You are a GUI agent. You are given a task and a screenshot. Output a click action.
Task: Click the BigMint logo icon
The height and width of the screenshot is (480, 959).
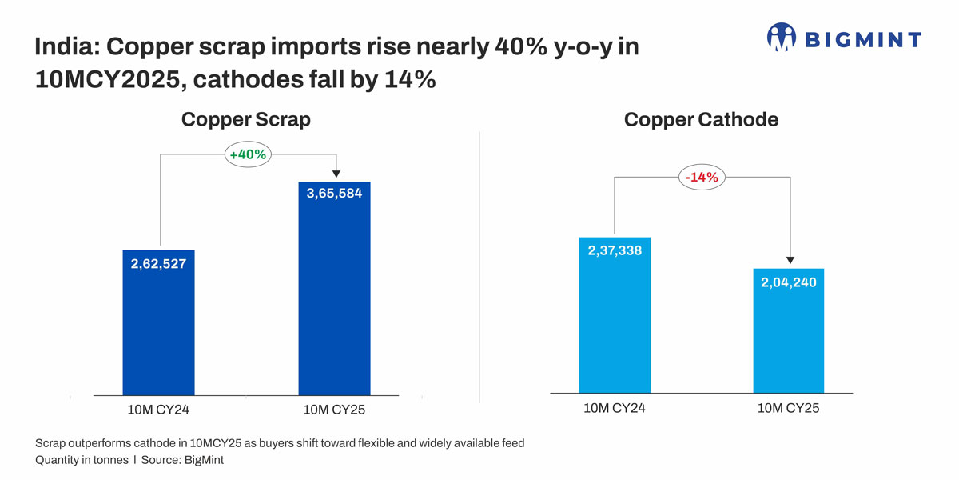point(782,37)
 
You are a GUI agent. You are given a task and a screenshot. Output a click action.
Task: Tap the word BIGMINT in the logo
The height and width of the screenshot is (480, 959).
point(862,39)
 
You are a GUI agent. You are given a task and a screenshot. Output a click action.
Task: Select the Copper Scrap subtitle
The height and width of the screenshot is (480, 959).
point(245,119)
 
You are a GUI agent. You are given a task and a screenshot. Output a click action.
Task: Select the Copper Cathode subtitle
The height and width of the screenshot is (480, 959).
point(701,119)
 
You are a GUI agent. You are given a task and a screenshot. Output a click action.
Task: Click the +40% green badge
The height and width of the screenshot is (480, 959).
point(248,155)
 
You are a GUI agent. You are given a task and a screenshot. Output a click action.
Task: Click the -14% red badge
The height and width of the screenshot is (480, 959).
point(702,178)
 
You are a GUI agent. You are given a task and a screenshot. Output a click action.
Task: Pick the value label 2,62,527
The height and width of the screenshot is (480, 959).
point(158,263)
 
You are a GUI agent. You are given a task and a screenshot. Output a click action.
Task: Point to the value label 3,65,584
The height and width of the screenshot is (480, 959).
point(334,193)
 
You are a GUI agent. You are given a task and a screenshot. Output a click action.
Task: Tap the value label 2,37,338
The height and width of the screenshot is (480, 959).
point(615,250)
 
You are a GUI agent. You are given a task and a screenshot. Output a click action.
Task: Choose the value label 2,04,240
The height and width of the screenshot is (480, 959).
point(789,282)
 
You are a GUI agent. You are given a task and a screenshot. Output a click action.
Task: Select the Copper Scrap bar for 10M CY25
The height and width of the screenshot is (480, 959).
point(334,304)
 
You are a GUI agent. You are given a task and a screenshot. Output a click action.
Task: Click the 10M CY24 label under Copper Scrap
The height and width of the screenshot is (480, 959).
point(158,410)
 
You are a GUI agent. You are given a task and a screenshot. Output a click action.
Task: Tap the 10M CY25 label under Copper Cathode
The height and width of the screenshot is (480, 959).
point(789,408)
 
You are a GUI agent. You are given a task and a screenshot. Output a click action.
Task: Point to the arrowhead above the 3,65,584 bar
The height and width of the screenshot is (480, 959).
point(336,173)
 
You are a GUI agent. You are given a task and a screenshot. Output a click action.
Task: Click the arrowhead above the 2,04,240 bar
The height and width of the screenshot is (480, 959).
point(790,260)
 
